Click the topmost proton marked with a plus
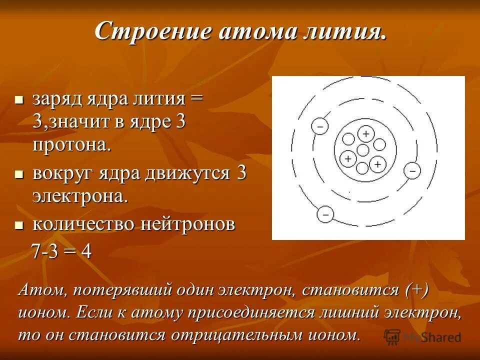tap(366, 133)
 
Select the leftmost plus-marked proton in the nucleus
tap(347, 158)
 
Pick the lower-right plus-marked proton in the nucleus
tap(377, 163)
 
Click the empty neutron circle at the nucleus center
tap(363, 149)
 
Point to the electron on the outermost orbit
tap(325, 215)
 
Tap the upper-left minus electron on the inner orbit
tap(319, 126)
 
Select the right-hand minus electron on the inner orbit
tap(412, 170)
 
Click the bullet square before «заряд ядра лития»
tap(19, 99)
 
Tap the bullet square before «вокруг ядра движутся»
tap(19, 174)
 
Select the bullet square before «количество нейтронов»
tap(19, 225)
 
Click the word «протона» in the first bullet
tap(71, 145)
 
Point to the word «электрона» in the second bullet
tap(80, 196)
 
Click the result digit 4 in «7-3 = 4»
tap(86, 251)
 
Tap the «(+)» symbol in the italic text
tap(417, 290)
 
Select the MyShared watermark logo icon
tap(392, 336)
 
